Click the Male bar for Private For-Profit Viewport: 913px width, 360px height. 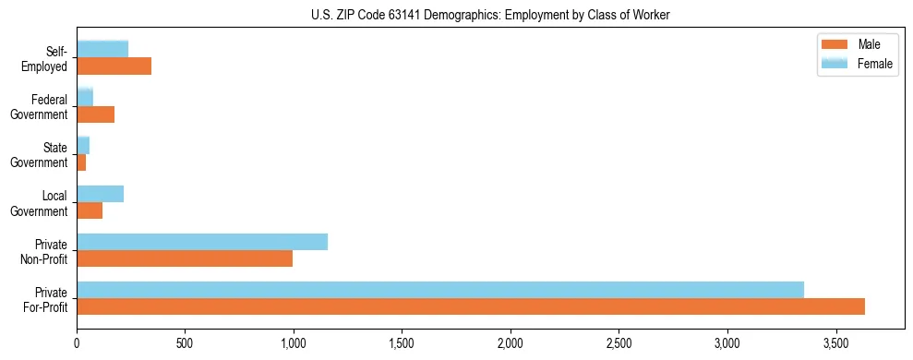(471, 306)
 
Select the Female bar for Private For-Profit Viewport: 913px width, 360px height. (440, 290)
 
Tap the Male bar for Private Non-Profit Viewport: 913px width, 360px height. (185, 258)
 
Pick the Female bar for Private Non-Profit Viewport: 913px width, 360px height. (202, 242)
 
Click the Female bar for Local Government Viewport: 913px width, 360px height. (100, 194)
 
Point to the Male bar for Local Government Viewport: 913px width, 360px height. (90, 210)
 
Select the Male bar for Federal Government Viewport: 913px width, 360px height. (95, 114)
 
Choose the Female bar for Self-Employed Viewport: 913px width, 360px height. (102, 49)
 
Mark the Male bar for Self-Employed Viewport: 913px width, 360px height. (114, 66)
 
